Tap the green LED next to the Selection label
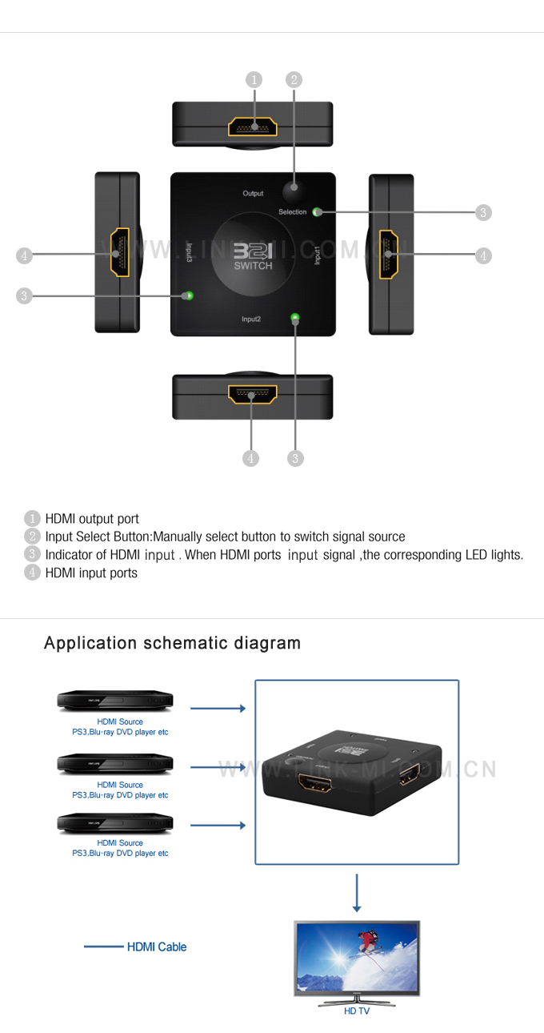317,212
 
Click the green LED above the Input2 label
296,318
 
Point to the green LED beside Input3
188,295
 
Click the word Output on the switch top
253,194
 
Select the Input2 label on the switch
251,319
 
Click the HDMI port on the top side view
254,127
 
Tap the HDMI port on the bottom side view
252,395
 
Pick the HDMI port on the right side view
390,254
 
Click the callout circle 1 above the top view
254,79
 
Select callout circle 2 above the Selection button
294,79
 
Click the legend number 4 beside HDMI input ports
32,573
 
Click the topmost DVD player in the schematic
115,701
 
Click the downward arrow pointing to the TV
357,893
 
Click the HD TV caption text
357,1011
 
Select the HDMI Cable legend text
157,947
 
